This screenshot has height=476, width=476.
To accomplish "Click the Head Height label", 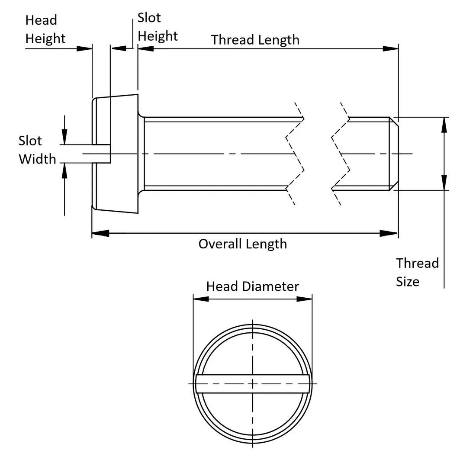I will [45, 29].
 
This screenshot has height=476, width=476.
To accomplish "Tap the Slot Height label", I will [157, 27].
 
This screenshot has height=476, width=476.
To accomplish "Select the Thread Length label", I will [255, 40].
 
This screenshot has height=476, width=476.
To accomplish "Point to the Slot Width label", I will [37, 150].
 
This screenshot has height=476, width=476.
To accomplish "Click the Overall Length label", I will [242, 244].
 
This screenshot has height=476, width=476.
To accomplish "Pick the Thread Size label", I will [417, 272].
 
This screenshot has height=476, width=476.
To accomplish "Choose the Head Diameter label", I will [252, 286].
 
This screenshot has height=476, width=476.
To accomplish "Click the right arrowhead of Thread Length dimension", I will [391, 49].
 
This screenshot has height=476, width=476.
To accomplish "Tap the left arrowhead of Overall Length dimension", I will [100, 234].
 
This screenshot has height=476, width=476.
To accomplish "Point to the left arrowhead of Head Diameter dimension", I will [200, 299].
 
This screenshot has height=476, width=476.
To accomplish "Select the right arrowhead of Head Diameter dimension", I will [305, 299].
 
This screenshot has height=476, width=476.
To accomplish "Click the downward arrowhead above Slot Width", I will [64, 138].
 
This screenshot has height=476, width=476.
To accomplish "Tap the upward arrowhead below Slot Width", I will [64, 170].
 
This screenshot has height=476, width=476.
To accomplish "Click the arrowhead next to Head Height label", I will [84, 49].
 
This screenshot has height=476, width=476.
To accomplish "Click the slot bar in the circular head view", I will [252, 383].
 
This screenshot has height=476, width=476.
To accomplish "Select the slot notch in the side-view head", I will [102, 154].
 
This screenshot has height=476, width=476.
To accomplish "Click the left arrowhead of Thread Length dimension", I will [145, 49].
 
